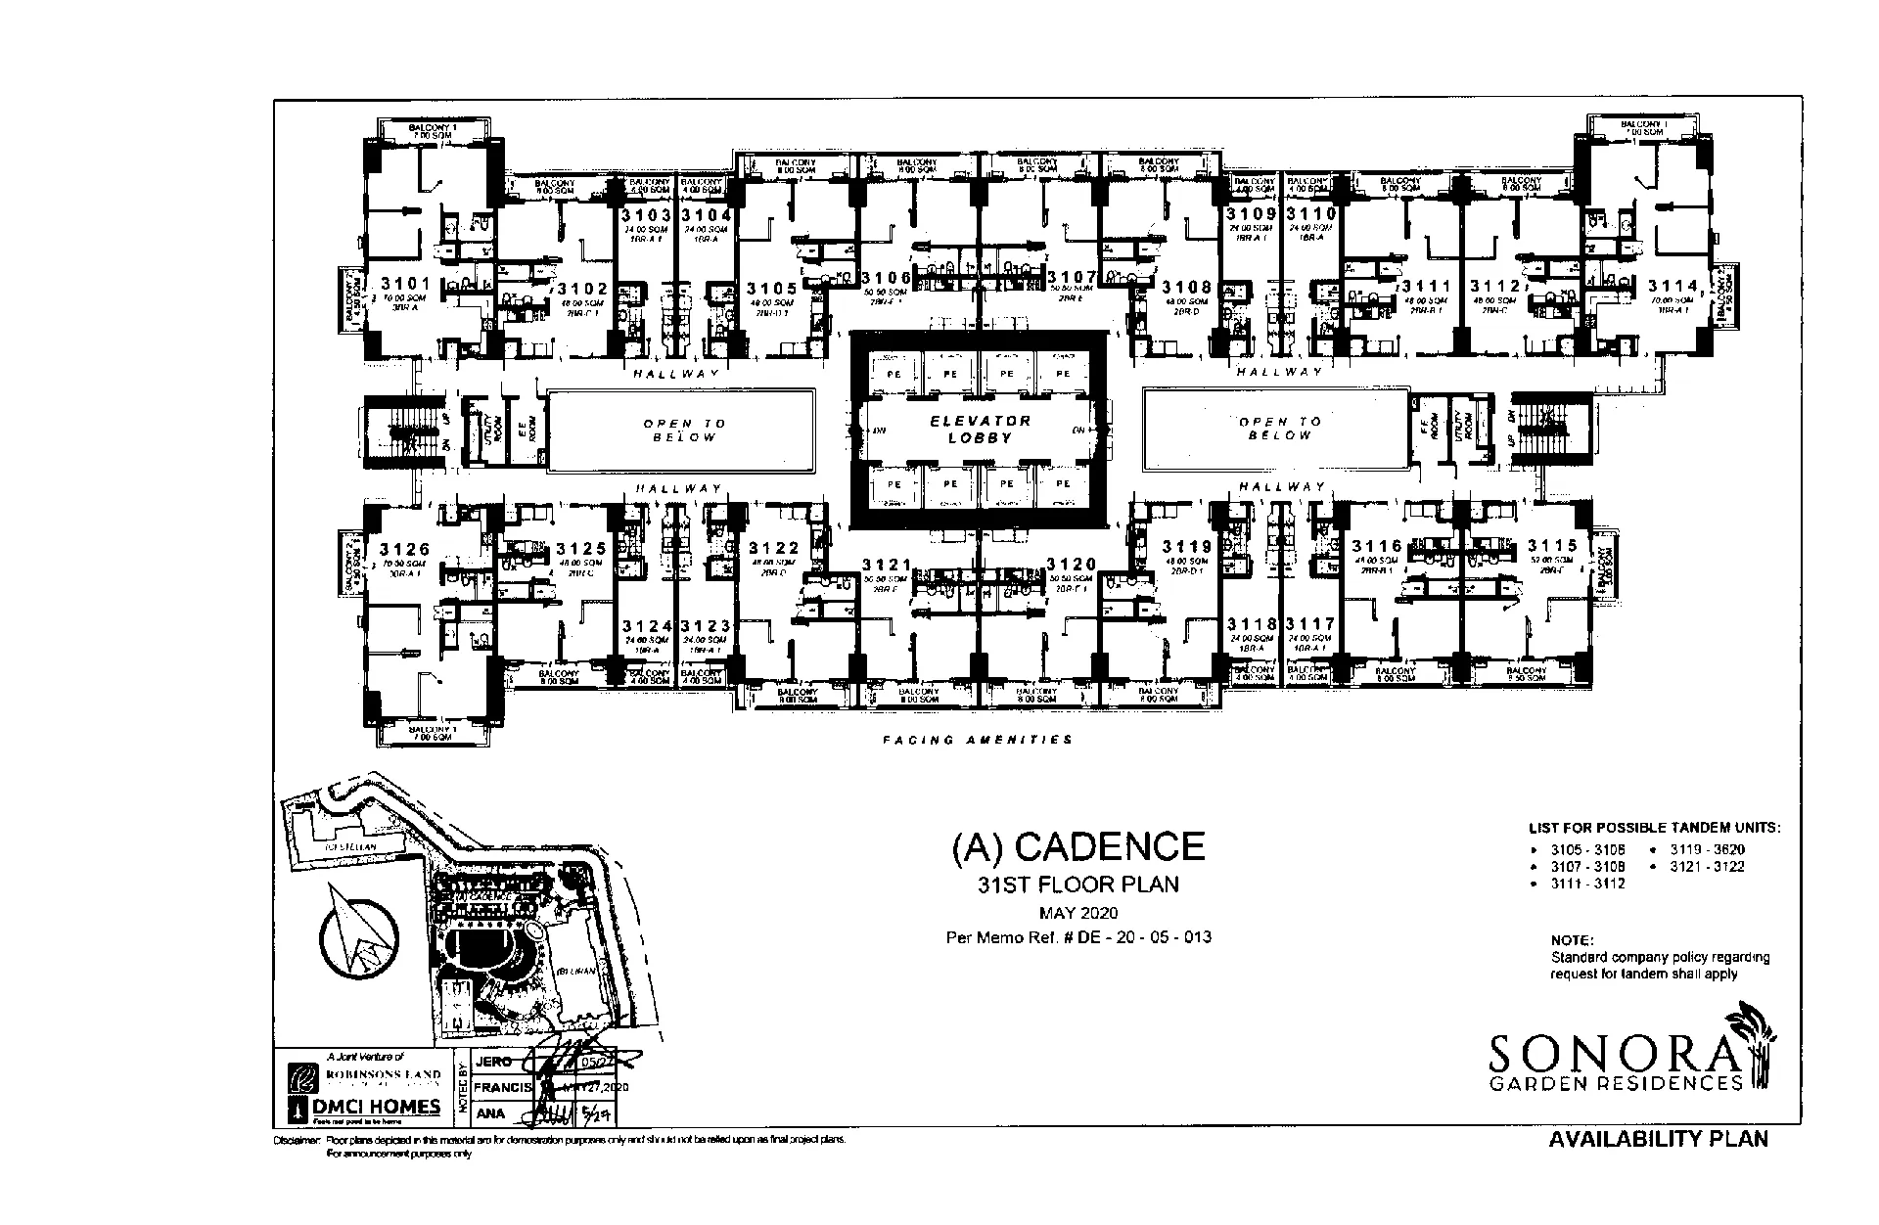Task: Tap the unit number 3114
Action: (x=1673, y=286)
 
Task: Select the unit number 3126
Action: (x=405, y=550)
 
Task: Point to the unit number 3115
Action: (x=1552, y=546)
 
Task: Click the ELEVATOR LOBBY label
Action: (x=980, y=430)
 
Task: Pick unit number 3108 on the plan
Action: (x=1187, y=288)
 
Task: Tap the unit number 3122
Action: (x=774, y=549)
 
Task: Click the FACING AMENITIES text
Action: (x=978, y=740)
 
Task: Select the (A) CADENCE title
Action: (x=1078, y=847)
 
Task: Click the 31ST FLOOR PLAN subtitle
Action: (x=1078, y=885)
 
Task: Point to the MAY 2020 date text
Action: (x=1078, y=914)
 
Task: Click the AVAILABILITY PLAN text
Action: (x=1659, y=1139)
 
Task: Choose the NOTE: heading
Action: (x=1572, y=940)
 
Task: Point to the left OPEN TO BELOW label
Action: (x=685, y=430)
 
